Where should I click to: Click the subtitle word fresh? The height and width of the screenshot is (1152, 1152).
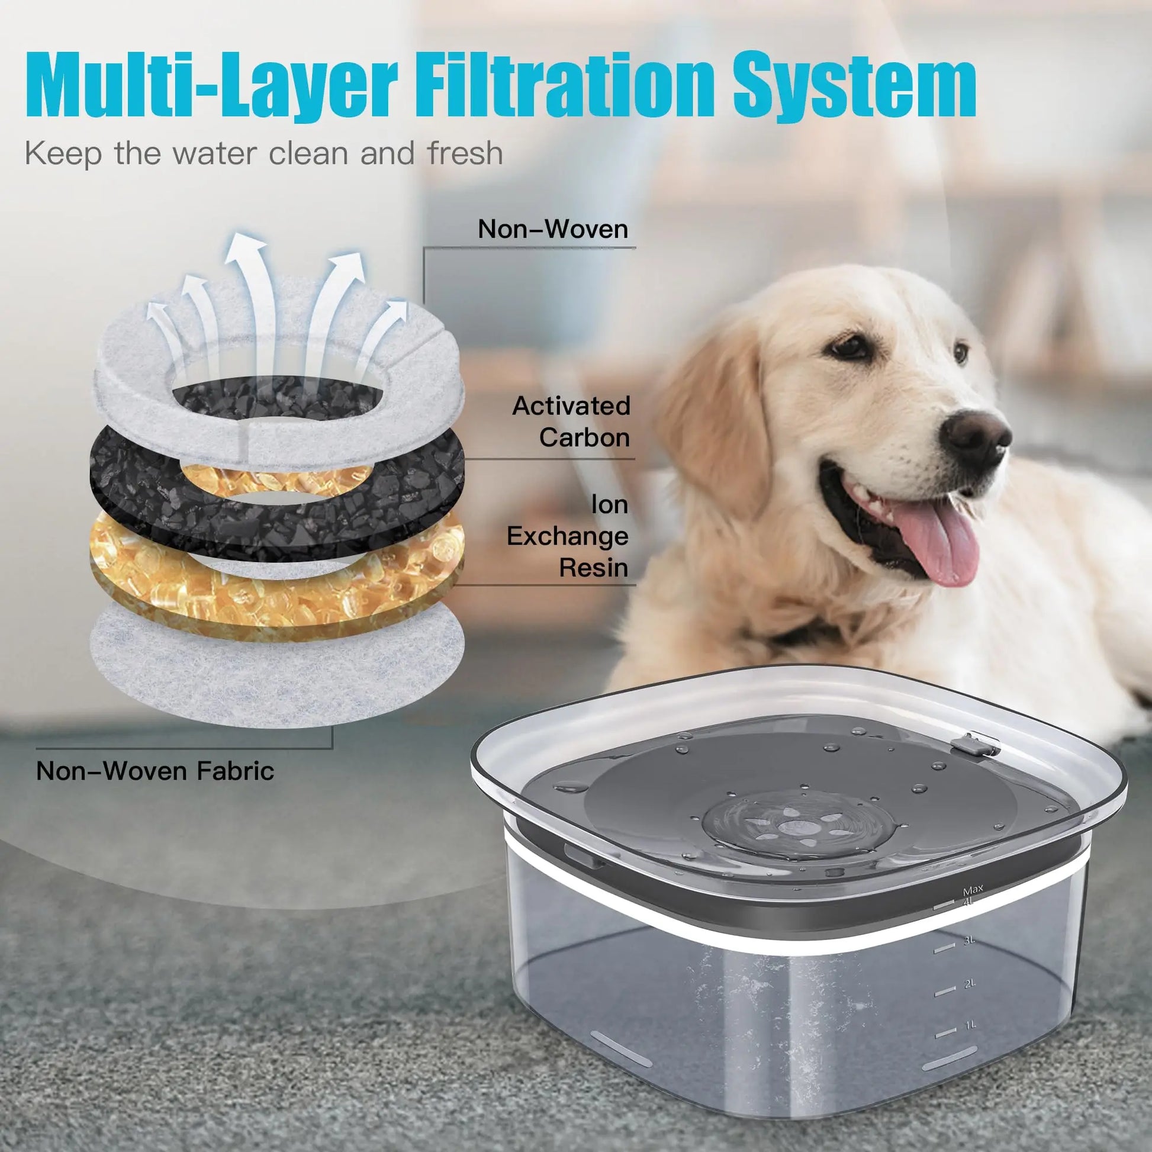(x=465, y=153)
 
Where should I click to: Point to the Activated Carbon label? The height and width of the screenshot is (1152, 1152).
(x=571, y=421)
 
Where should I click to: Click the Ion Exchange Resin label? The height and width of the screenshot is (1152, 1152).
(x=568, y=536)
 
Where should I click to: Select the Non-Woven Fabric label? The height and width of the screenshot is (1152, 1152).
(x=155, y=771)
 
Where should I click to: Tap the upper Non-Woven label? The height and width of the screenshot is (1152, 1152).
(x=553, y=229)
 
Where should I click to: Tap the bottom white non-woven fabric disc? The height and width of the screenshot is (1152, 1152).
(x=276, y=662)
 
